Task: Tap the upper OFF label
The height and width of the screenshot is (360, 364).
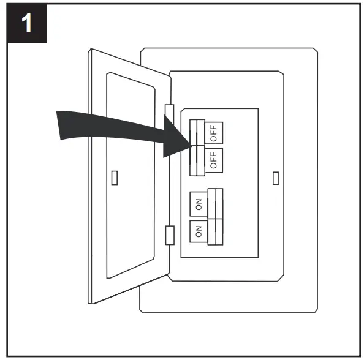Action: pyautogui.click(x=214, y=133)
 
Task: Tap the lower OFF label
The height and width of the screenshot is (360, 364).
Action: pyautogui.click(x=214, y=160)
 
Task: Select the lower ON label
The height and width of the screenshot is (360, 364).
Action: pyautogui.click(x=199, y=232)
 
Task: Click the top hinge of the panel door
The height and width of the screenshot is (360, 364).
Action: pyautogui.click(x=170, y=110)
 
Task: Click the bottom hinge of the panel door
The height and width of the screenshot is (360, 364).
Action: pyautogui.click(x=170, y=234)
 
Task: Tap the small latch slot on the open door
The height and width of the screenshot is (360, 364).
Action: pyautogui.click(x=115, y=178)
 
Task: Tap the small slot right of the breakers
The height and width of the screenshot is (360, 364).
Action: pyautogui.click(x=276, y=178)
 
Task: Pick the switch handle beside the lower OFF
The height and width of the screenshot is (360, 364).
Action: pyautogui.click(x=197, y=160)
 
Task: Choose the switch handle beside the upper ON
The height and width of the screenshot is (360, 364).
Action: pyautogui.click(x=215, y=204)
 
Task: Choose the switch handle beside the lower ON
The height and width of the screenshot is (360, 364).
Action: pyautogui.click(x=215, y=231)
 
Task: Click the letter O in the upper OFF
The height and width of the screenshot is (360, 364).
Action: pyautogui.click(x=214, y=138)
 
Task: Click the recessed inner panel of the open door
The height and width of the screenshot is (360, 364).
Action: pyautogui.click(x=132, y=178)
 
